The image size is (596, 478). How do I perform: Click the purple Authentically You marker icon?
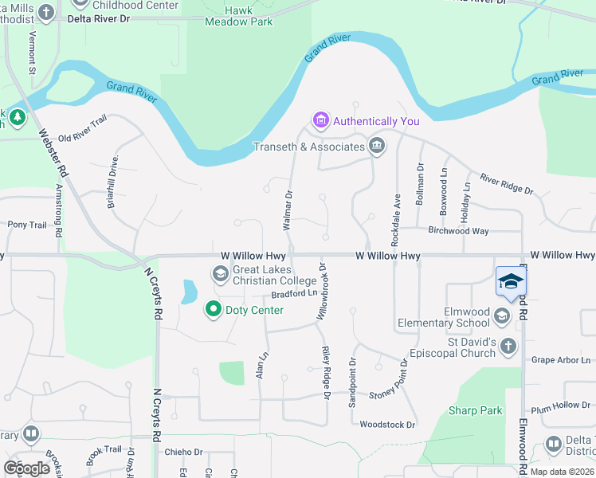321,121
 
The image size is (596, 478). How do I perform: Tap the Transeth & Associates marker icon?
376,146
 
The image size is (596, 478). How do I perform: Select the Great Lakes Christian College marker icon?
221,275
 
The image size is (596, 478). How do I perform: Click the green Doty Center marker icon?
213,309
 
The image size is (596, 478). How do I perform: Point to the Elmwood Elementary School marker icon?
501,316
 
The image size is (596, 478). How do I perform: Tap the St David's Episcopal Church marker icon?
508,346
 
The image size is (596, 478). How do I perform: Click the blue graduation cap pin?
511,281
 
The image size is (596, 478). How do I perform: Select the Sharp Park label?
475,410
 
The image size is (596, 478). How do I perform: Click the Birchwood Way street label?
458,231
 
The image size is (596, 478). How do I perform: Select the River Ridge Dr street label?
506,184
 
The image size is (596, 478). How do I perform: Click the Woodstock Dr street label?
388,425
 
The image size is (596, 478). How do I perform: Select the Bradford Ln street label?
294,293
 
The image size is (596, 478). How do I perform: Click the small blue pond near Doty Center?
190,292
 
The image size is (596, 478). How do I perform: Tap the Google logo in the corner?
27,468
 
